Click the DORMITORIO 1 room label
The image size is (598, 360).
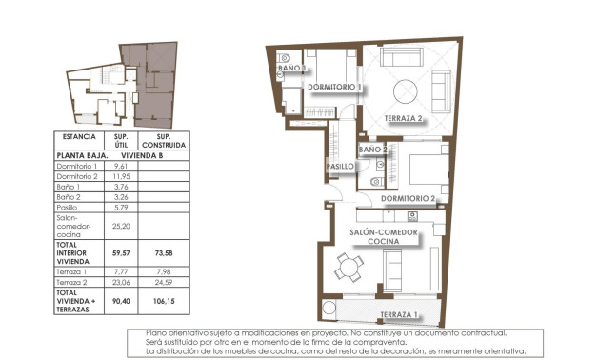tap(333, 87)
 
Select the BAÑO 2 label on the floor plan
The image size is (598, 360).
tap(372, 150)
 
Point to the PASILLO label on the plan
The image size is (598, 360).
tap(340, 166)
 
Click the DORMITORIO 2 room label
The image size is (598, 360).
tap(408, 199)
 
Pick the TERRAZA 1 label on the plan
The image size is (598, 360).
tap(397, 314)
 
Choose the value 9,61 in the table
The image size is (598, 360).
tap(121, 166)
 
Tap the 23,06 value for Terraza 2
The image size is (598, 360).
tap(121, 282)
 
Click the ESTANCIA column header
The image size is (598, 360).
tap(78, 136)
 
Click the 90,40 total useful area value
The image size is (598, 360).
tap(121, 301)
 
